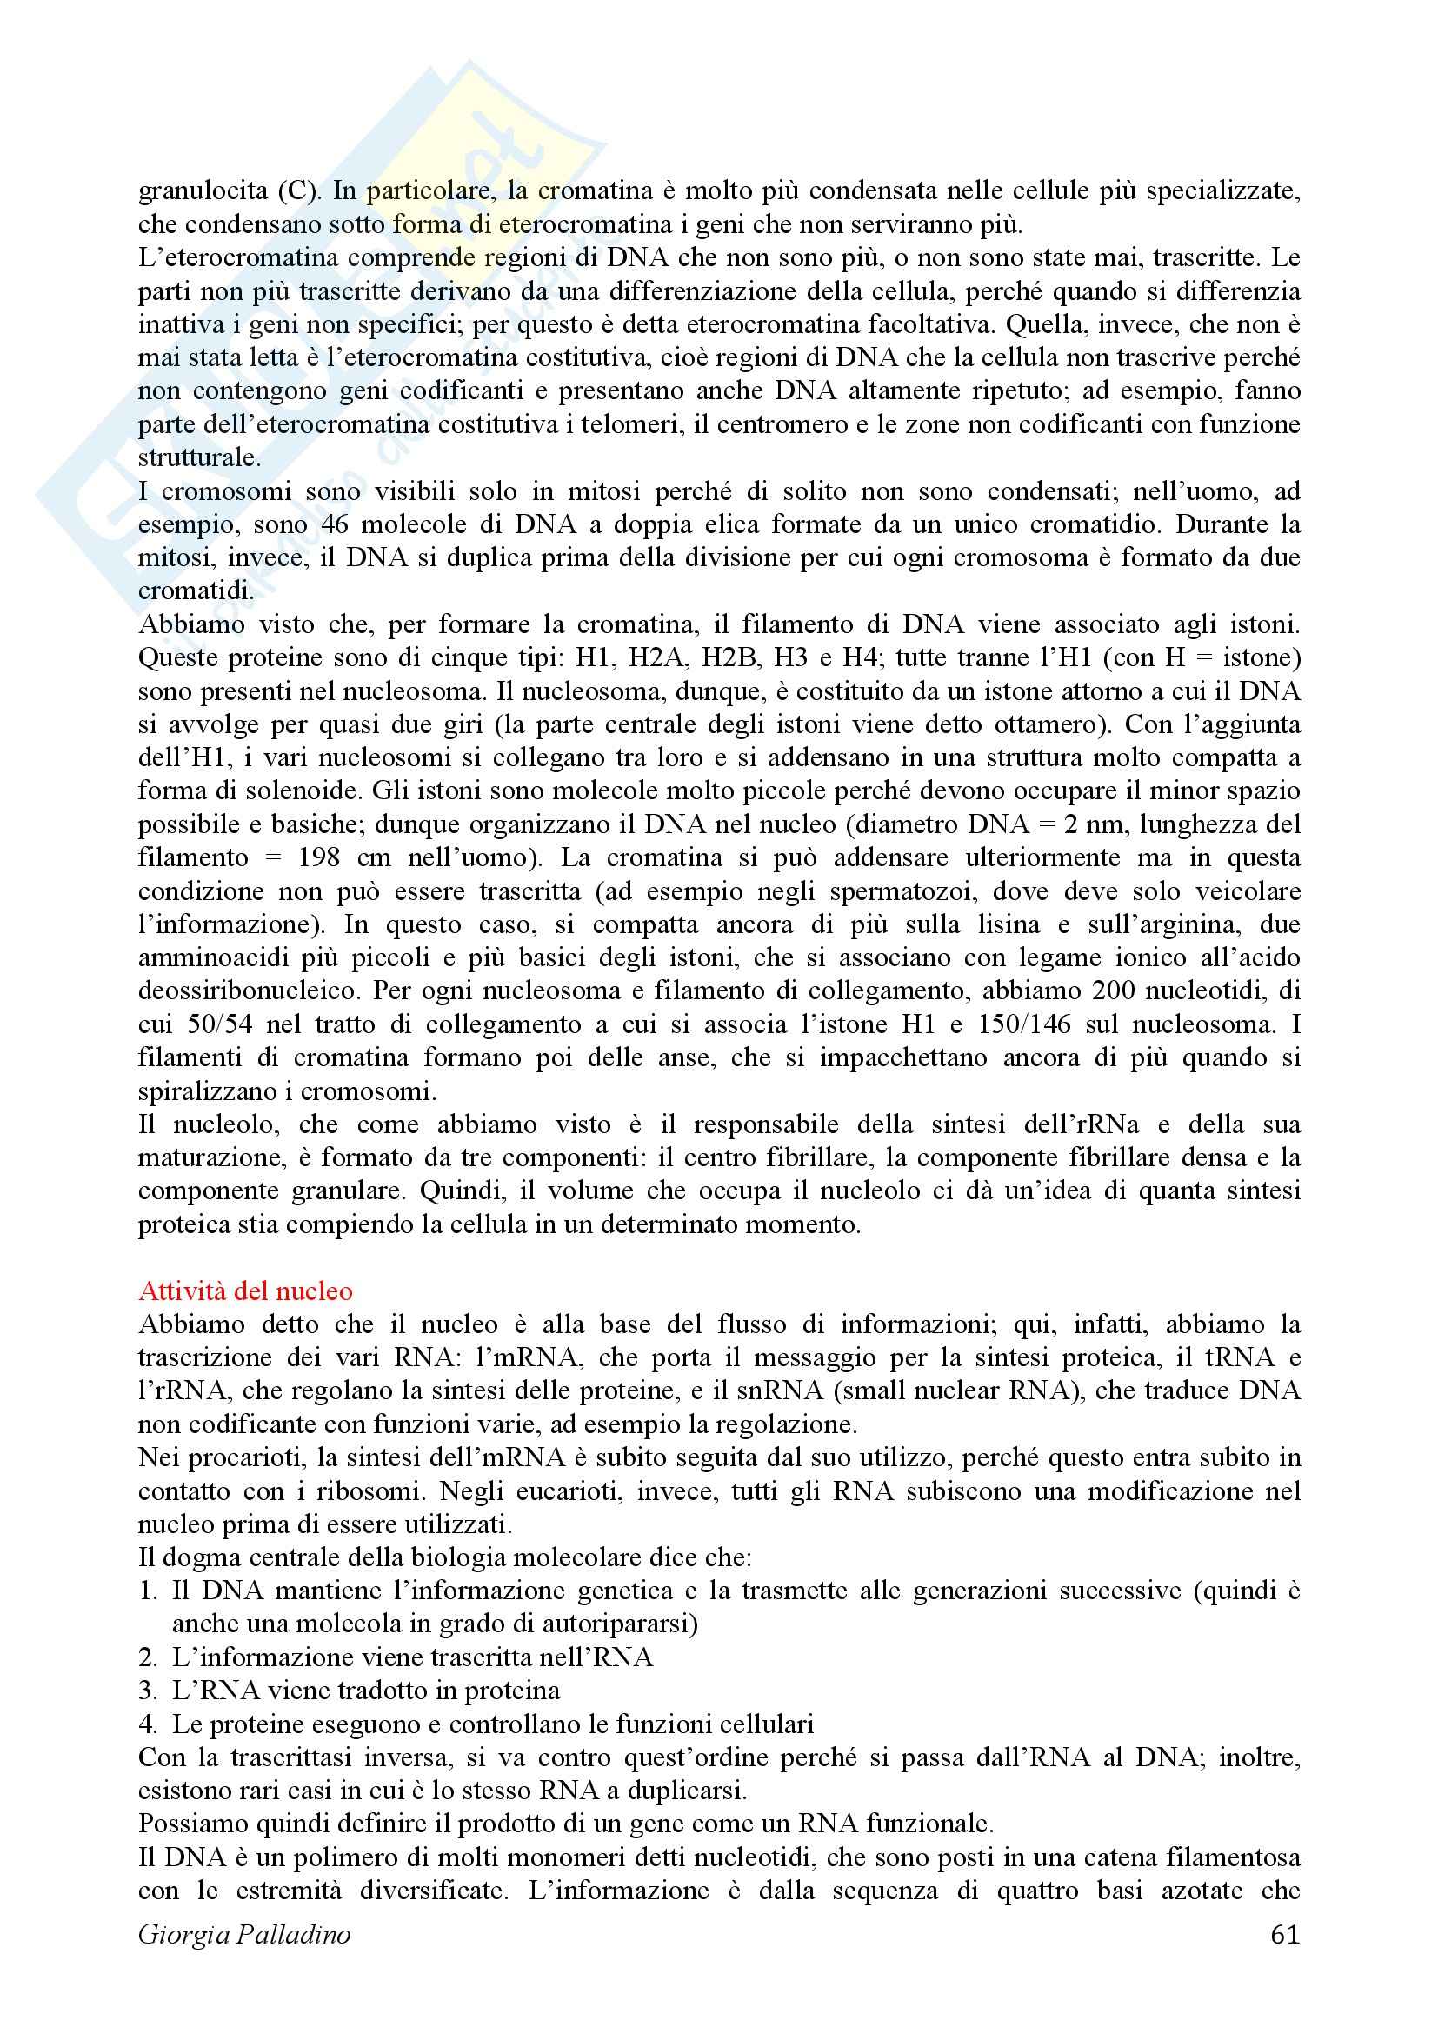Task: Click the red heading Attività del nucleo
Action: [245, 1290]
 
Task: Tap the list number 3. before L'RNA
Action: [148, 1691]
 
